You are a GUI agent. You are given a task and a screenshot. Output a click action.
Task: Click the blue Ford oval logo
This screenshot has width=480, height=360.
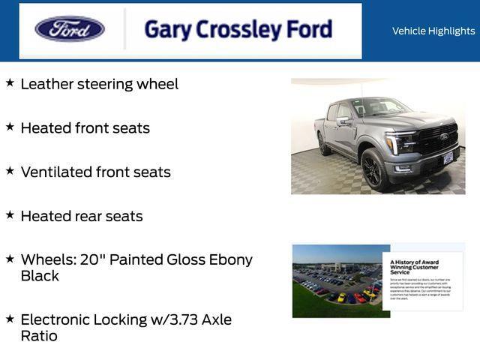[x=70, y=29]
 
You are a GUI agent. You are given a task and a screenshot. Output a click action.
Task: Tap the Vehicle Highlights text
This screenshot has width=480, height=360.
[x=433, y=31]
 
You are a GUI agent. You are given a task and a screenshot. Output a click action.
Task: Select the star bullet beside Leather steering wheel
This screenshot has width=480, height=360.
[x=10, y=82]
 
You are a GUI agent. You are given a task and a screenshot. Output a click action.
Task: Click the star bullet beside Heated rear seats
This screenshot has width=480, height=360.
[x=10, y=214]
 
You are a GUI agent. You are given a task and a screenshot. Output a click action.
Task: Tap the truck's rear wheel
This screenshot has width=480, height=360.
[x=323, y=142]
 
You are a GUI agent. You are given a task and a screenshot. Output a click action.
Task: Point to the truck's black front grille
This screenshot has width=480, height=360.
[x=439, y=139]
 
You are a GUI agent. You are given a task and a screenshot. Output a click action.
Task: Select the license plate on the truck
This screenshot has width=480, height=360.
[x=448, y=158]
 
